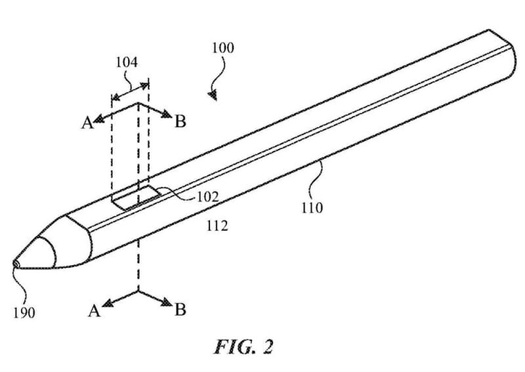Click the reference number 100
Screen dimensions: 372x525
(x=222, y=48)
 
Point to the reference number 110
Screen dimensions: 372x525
(x=312, y=208)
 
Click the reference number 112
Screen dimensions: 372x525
(x=217, y=226)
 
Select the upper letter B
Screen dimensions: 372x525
(x=180, y=121)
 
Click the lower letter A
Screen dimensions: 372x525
(x=94, y=310)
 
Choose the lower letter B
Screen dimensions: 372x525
(x=180, y=310)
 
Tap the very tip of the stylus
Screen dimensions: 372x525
(x=14, y=264)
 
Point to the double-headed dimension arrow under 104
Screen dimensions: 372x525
(x=130, y=89)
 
